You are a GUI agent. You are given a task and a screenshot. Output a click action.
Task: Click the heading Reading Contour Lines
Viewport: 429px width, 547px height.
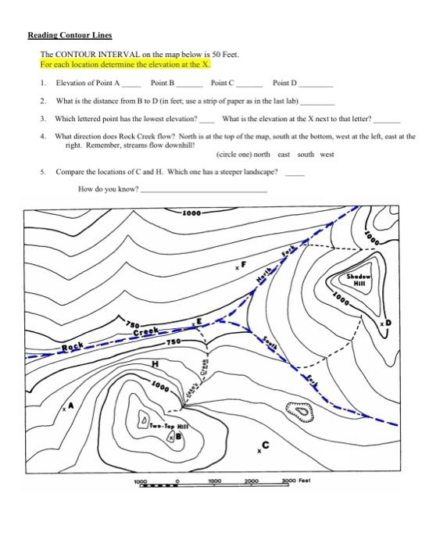pyautogui.click(x=70, y=35)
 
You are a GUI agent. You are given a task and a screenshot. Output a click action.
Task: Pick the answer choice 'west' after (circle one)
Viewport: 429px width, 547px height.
pyautogui.click(x=327, y=154)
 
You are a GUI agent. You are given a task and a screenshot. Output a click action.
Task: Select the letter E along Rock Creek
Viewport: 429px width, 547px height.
pyautogui.click(x=198, y=320)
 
